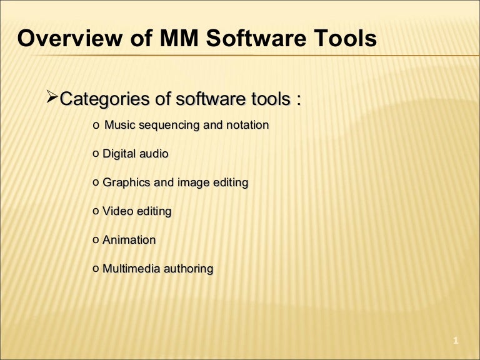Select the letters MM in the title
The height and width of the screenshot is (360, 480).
pos(175,39)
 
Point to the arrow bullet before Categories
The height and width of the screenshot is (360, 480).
pos(53,97)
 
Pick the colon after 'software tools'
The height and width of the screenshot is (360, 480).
pos(299,100)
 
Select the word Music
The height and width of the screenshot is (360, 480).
pos(120,125)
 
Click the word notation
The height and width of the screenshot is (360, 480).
pos(247,125)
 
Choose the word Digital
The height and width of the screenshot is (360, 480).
pos(119,154)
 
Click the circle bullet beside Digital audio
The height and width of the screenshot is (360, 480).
pos(95,154)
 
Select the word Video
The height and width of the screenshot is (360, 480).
pos(117,211)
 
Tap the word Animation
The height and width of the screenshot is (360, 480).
pos(129,240)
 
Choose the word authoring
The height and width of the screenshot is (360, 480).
pos(188,269)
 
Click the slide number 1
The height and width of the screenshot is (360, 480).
pos(456,341)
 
